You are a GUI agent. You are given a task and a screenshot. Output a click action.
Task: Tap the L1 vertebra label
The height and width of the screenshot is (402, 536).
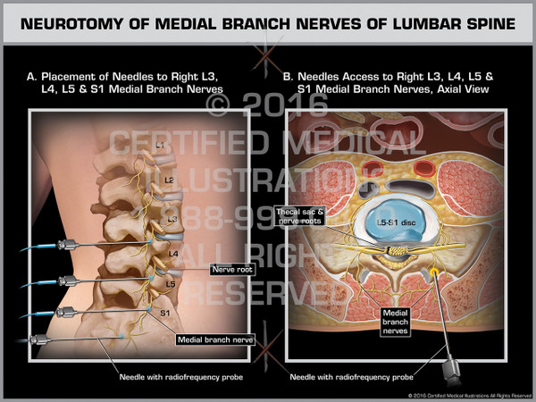coord(160,145)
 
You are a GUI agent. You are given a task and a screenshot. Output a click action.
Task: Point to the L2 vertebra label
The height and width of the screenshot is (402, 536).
coord(168,180)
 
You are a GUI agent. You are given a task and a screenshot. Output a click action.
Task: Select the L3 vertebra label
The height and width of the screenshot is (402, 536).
coord(172,219)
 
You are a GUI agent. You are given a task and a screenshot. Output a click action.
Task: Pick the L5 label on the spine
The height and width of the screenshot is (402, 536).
coord(171,283)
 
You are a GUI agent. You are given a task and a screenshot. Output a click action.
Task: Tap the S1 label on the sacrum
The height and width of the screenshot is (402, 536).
coord(164,314)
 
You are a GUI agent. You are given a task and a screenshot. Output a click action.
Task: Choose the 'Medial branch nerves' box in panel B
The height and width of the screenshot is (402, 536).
coord(396,322)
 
